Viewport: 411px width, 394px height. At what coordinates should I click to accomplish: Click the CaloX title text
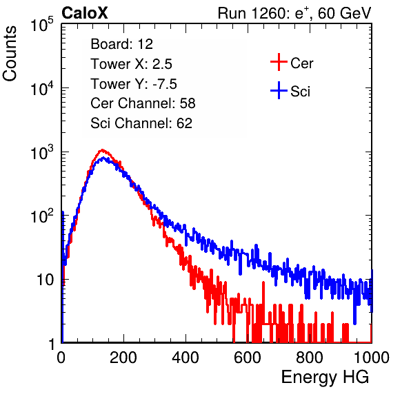click(x=84, y=13)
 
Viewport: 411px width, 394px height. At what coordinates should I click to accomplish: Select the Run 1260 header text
click(x=294, y=13)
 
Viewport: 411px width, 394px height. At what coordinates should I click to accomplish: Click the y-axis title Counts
click(x=10, y=54)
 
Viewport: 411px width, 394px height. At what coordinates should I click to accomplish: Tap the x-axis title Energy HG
click(x=325, y=377)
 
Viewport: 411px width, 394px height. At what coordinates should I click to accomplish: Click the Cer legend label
click(x=301, y=63)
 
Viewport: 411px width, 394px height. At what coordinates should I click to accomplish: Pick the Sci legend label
click(x=300, y=92)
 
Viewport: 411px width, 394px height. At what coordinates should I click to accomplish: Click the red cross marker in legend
click(x=279, y=62)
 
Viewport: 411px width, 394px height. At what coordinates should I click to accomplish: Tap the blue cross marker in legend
click(x=279, y=90)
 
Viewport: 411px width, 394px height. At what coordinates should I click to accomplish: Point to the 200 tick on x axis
click(x=123, y=357)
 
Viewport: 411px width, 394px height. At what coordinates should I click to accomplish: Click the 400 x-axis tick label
click(x=186, y=357)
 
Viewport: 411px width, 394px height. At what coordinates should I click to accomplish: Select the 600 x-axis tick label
click(x=248, y=357)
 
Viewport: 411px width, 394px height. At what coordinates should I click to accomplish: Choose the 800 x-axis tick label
click(x=310, y=357)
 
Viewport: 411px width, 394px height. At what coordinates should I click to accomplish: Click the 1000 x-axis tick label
click(x=372, y=357)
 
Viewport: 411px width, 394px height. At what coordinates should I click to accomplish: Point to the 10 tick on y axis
click(x=45, y=280)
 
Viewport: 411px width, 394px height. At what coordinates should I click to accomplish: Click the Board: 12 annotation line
click(x=121, y=44)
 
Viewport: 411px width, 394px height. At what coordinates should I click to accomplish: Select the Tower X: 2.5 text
click(x=131, y=64)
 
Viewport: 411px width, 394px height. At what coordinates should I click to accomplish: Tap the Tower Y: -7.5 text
click(x=134, y=84)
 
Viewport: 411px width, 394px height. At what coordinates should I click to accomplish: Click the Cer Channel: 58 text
click(x=143, y=103)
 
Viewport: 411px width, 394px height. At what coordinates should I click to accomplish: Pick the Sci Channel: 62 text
click(x=141, y=123)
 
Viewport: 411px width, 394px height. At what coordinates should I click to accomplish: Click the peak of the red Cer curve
click(x=102, y=150)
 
